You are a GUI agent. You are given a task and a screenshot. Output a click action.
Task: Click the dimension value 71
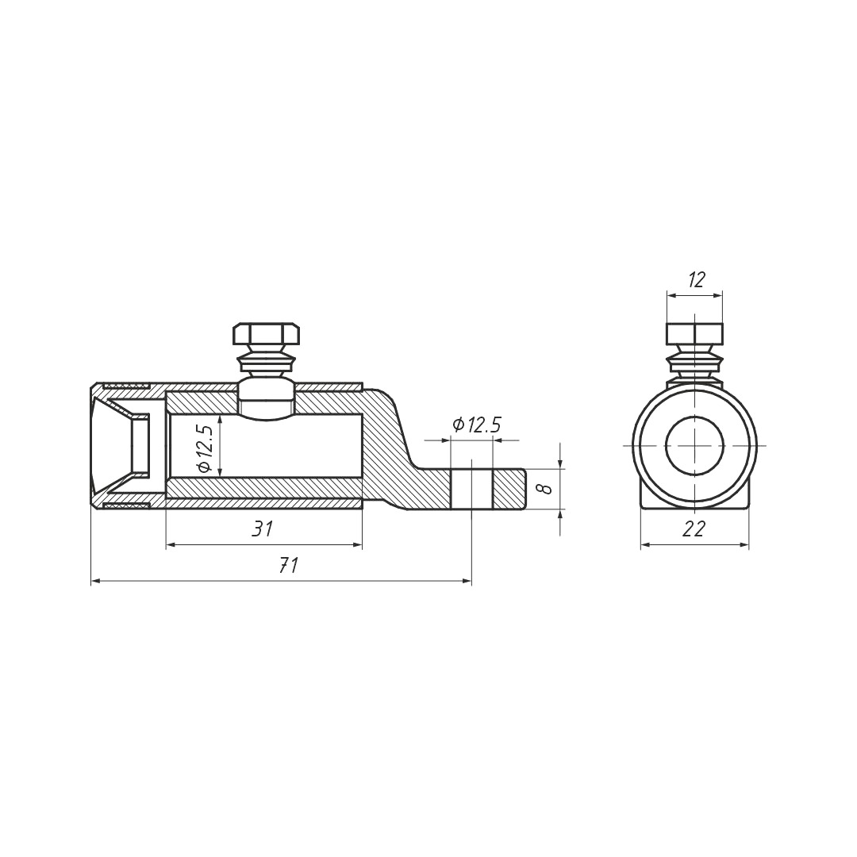click(288, 566)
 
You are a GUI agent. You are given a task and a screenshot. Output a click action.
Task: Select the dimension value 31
click(263, 529)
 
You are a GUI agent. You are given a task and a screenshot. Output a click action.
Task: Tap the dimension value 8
click(544, 488)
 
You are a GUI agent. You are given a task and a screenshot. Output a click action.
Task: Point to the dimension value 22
click(694, 529)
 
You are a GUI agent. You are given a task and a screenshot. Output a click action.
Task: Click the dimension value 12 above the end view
click(695, 280)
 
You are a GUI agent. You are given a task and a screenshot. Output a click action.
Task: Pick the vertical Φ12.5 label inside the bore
click(205, 448)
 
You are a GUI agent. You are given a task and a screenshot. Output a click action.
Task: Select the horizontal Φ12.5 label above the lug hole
click(477, 425)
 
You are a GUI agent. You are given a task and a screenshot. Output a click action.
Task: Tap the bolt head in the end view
click(694, 335)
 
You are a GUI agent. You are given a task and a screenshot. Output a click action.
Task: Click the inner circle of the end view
click(666, 445)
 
